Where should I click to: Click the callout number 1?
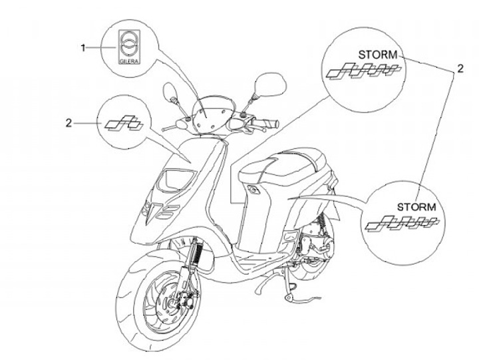[x=84, y=47]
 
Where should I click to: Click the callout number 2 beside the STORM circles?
[x=459, y=68]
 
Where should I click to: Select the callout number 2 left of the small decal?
[x=86, y=122]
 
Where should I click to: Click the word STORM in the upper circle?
[x=377, y=55]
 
